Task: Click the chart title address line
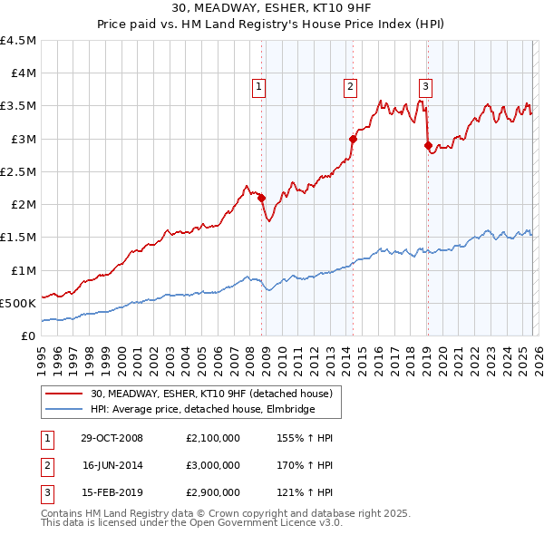[x=271, y=9]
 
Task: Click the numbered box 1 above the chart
[x=258, y=87]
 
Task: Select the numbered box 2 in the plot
[x=350, y=87]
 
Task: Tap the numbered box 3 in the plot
[x=425, y=87]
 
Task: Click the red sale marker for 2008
[x=262, y=198]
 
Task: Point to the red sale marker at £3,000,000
[x=353, y=139]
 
